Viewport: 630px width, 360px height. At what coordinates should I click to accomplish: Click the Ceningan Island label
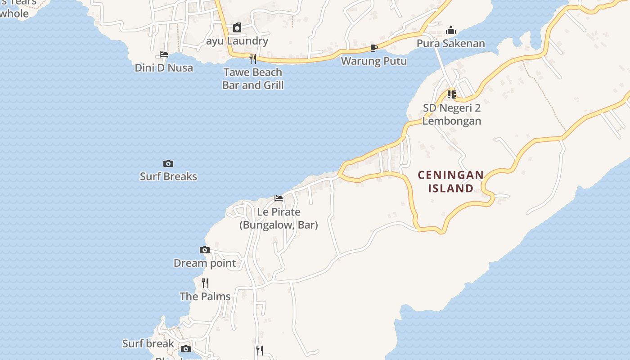(x=451, y=181)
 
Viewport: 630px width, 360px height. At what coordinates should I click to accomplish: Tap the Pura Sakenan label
(x=451, y=43)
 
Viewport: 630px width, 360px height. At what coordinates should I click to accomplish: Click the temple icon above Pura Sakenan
(x=451, y=31)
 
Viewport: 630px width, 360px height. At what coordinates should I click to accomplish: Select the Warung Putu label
(x=374, y=61)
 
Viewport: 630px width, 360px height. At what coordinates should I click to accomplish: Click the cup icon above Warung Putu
(x=373, y=48)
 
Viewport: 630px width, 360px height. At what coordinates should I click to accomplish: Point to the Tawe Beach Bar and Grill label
(x=253, y=78)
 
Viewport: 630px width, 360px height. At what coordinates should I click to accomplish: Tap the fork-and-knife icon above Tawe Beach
(x=253, y=58)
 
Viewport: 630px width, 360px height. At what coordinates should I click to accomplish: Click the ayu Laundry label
(x=237, y=41)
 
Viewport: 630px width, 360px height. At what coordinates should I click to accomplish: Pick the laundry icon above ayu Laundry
(x=237, y=28)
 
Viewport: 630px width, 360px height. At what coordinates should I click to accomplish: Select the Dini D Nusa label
(x=164, y=68)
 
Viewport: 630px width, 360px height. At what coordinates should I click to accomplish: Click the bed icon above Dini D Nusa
(x=164, y=54)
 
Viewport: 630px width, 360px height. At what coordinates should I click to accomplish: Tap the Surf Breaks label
(x=168, y=176)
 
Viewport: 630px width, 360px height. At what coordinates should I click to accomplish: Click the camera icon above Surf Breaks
(x=168, y=163)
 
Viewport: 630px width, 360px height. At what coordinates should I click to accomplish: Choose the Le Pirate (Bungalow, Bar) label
(x=279, y=218)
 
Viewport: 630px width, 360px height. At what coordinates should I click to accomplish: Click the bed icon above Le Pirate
(x=279, y=198)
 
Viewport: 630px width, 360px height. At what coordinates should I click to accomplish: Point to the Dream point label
(x=205, y=263)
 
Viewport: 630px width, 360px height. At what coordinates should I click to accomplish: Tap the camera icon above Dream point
(x=205, y=250)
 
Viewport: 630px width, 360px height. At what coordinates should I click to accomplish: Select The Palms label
(x=205, y=297)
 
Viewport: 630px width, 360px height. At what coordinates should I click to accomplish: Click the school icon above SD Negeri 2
(x=452, y=94)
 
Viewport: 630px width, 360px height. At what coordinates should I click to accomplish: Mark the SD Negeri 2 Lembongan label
(x=452, y=114)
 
